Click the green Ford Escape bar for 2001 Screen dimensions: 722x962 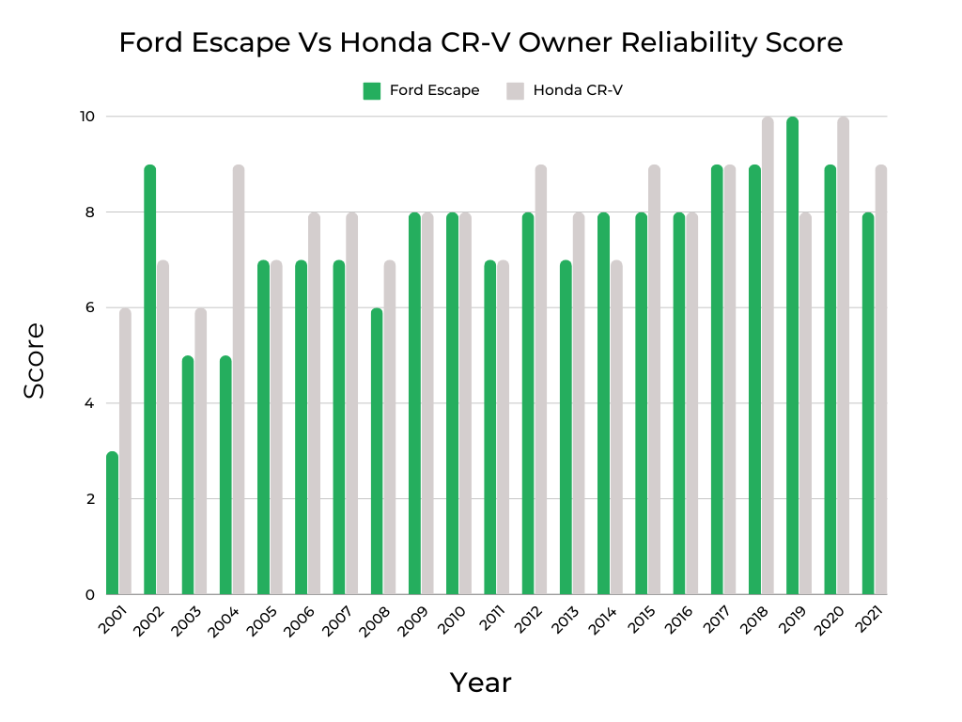pyautogui.click(x=113, y=523)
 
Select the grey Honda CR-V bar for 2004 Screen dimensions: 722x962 pyautogui.click(x=239, y=380)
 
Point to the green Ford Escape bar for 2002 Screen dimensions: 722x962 pyautogui.click(x=150, y=380)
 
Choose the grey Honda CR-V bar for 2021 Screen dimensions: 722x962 pyautogui.click(x=880, y=380)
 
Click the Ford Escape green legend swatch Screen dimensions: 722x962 pyautogui.click(x=372, y=91)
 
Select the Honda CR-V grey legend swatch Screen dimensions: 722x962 pyautogui.click(x=515, y=91)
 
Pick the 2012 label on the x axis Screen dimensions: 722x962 pyautogui.click(x=529, y=621)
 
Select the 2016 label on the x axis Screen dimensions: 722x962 pyautogui.click(x=680, y=621)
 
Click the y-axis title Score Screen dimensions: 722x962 pyautogui.click(x=35, y=360)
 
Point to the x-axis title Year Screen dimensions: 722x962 pyautogui.click(x=480, y=683)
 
